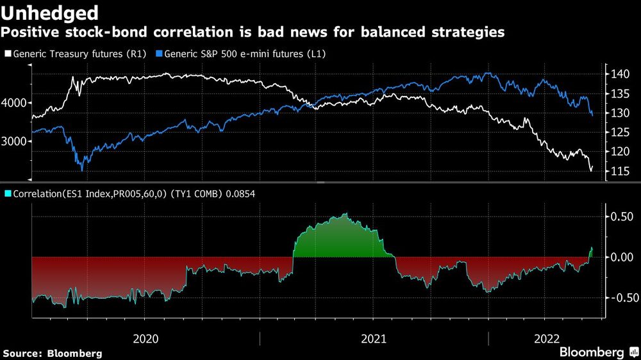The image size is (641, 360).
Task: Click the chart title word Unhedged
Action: coord(51,12)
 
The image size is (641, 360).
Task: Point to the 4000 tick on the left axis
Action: coord(14,102)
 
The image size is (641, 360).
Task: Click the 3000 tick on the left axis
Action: coord(14,142)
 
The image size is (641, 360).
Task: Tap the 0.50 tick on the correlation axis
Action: coord(621,217)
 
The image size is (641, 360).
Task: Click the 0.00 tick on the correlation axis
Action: coord(621,258)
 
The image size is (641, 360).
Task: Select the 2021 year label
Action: coord(373,338)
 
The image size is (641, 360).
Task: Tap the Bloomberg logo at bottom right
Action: coord(597,352)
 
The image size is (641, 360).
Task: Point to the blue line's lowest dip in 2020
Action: coord(81,170)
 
